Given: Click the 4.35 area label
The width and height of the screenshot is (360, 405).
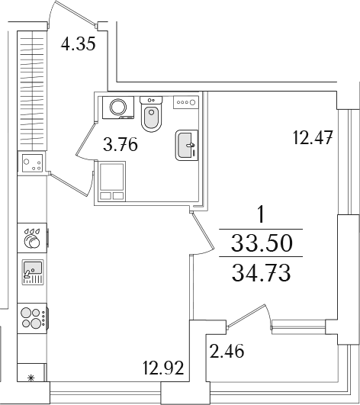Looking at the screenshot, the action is [79, 43].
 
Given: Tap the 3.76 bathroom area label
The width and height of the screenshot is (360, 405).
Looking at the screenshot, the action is [121, 144].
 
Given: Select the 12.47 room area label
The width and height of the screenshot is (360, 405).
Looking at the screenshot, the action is [313, 137].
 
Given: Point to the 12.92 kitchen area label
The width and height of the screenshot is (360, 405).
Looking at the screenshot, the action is [163, 368].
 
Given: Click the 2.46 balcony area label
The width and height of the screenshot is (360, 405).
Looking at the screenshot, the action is [227, 351].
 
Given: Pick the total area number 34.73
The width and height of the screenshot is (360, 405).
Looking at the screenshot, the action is [262, 273].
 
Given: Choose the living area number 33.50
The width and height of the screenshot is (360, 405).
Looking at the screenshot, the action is [262, 243].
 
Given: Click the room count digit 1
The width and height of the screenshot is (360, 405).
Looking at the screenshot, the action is [262, 214].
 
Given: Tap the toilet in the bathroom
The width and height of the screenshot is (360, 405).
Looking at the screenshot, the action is [151, 114].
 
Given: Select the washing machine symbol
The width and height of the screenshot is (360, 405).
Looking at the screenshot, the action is [118, 108].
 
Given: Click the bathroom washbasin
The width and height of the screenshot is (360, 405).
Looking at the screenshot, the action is [187, 145].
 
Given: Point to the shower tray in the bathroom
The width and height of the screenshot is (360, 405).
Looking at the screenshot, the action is [112, 181].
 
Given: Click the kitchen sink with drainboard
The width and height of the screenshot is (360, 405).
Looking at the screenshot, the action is [33, 272].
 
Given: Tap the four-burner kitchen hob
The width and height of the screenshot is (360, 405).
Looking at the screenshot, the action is [33, 318].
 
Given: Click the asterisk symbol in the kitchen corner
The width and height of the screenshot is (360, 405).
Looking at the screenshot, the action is [31, 378].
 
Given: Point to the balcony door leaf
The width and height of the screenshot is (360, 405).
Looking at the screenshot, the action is [246, 317].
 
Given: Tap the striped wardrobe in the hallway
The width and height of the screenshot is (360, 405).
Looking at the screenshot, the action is [33, 91].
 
